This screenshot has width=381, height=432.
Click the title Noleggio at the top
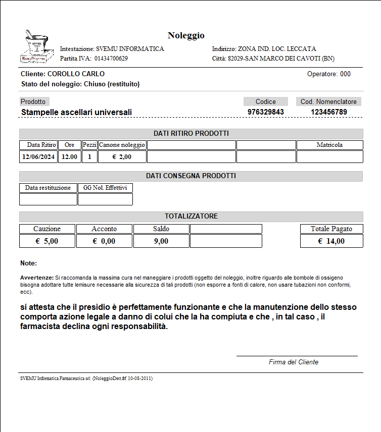tap(186, 35)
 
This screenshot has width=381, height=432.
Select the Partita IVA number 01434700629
tap(111, 59)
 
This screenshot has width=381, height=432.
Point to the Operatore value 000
tap(345, 74)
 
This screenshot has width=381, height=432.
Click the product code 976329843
tap(266, 112)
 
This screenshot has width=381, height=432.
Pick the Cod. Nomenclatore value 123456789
tap(329, 112)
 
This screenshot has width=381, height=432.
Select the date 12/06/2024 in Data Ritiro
tap(38, 157)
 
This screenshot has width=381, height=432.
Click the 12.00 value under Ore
tap(70, 157)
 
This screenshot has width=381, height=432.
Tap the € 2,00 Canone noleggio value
tap(122, 157)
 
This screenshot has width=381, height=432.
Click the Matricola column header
tap(329, 145)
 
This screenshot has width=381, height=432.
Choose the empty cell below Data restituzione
tap(48, 199)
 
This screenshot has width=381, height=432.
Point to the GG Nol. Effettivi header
tap(105, 188)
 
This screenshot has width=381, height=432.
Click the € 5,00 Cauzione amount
tap(47, 241)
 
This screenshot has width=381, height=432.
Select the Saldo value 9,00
tap(161, 241)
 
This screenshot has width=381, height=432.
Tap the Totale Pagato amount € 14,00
tap(331, 241)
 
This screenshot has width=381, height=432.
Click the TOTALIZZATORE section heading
tap(191, 216)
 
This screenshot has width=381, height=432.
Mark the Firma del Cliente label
tap(294, 362)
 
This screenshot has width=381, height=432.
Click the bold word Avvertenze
tap(36, 278)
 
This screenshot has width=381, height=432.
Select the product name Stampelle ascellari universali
tap(76, 112)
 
